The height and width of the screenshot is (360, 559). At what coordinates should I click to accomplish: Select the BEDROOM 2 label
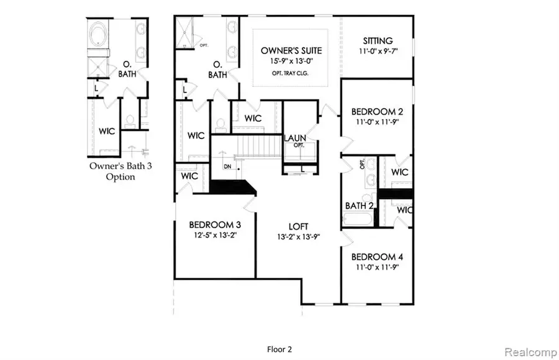[x=378, y=112]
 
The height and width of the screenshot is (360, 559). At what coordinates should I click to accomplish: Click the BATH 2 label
[x=359, y=205]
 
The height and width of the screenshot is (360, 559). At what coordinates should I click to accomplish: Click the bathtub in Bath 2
[x=357, y=220]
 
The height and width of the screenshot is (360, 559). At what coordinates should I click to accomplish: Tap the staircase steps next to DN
[x=252, y=150]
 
